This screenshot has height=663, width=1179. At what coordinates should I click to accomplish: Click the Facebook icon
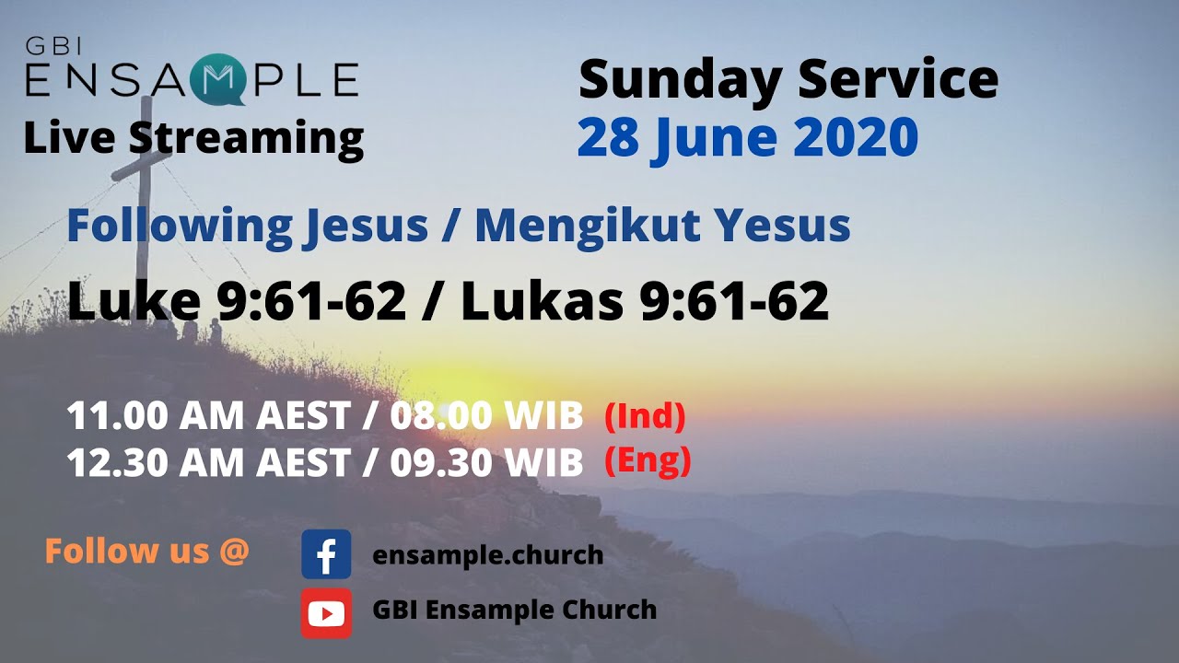(x=326, y=554)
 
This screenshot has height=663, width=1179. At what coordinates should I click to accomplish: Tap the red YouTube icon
(x=326, y=612)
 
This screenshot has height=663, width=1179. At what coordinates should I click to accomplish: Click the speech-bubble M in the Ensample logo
(x=217, y=82)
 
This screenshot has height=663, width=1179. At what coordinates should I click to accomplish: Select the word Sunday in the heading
(x=680, y=79)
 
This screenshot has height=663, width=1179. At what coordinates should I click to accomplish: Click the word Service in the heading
(x=898, y=79)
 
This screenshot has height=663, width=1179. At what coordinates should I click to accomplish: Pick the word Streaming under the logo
(x=246, y=138)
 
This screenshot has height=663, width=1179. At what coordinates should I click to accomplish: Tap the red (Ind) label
(x=645, y=417)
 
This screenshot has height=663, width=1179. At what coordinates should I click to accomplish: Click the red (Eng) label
(x=648, y=460)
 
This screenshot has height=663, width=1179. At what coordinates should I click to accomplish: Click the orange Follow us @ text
(x=146, y=552)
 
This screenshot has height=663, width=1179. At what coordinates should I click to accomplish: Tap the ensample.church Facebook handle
(x=487, y=555)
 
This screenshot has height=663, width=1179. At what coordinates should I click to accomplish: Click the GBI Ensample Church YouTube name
(x=514, y=610)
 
